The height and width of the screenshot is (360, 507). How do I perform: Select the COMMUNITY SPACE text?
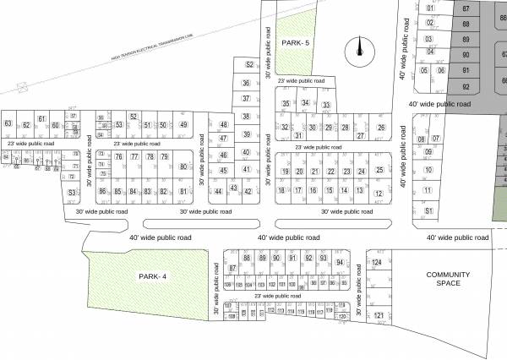(444, 279)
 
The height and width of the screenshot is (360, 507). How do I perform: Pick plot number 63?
(8, 124)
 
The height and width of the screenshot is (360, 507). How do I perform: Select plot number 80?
(183, 166)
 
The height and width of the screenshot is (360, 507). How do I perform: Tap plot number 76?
(119, 157)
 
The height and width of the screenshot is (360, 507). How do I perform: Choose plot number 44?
(218, 191)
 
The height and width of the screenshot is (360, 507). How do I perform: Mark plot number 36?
(246, 83)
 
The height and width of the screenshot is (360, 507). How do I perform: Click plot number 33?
(324, 106)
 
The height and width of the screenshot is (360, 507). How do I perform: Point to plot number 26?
(381, 128)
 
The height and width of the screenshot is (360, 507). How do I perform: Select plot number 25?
(379, 171)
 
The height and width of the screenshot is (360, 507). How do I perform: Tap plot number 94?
(340, 263)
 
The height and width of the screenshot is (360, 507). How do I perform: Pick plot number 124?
(378, 263)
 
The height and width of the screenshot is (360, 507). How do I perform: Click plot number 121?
(379, 316)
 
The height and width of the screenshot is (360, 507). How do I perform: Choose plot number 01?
(430, 8)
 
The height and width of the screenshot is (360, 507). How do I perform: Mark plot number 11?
(428, 168)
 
